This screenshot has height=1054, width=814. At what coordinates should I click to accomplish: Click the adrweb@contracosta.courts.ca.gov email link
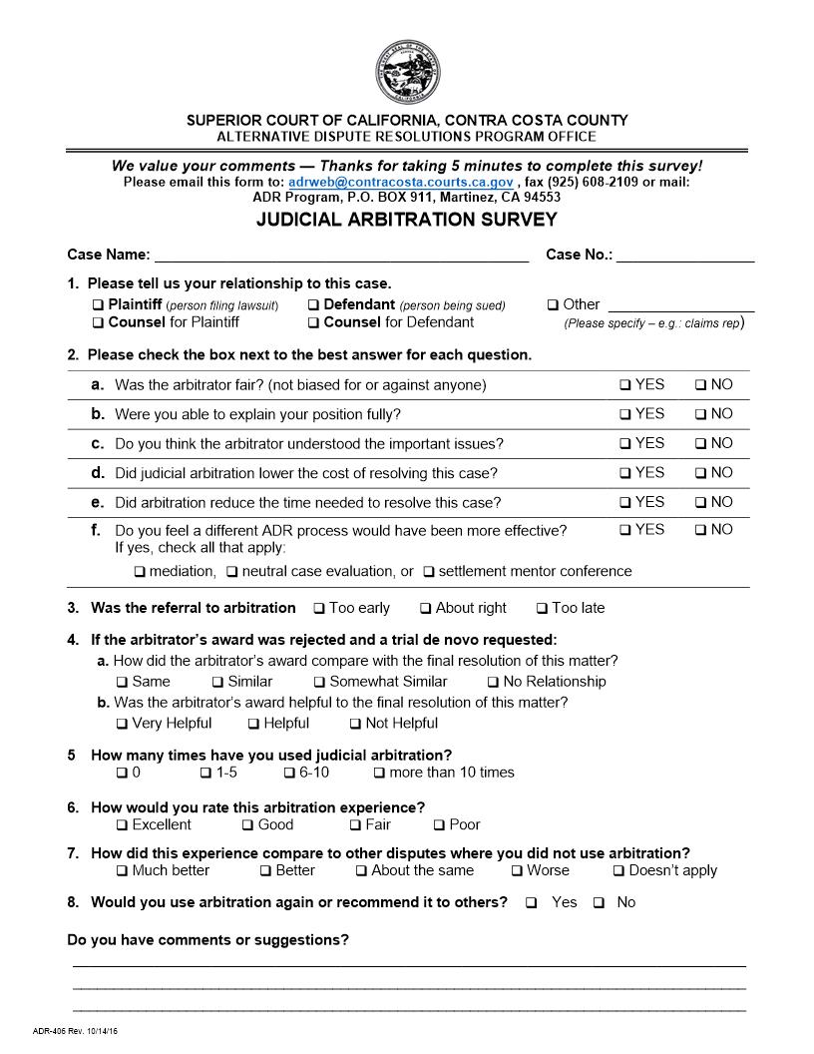[x=400, y=183]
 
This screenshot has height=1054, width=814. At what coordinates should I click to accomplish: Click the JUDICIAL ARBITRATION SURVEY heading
[x=407, y=220]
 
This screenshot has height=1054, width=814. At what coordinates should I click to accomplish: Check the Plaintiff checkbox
[x=98, y=305]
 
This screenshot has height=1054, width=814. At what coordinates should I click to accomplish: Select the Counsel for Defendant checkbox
[x=313, y=323]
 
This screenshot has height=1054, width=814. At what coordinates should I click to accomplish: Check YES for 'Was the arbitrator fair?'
[x=624, y=385]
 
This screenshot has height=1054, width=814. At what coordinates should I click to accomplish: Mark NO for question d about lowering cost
[x=700, y=473]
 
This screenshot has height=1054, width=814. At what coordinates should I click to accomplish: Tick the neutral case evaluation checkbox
[x=231, y=573]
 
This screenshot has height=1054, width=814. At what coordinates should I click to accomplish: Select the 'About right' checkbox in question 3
[x=425, y=609]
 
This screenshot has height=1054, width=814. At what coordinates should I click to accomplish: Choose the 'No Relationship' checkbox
[x=493, y=683]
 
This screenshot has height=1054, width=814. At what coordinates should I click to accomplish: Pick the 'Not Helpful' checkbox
[x=355, y=724]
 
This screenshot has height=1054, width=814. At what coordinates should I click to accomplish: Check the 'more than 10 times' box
[x=379, y=773]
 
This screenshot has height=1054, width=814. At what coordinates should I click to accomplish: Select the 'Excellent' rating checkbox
[x=122, y=825]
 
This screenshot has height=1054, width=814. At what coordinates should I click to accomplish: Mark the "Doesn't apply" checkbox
[x=618, y=871]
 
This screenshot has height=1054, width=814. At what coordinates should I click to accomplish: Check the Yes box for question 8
[x=531, y=903]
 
